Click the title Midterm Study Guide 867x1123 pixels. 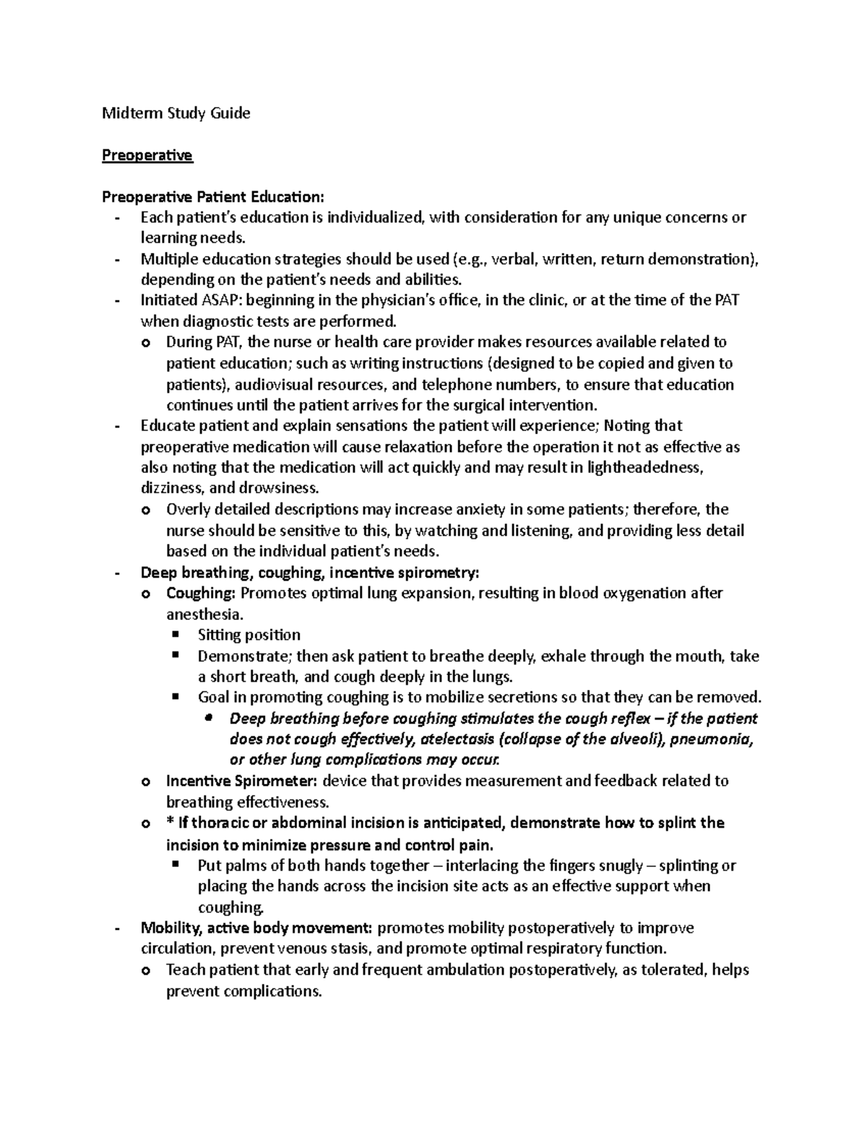point(176,113)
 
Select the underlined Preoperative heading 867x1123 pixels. point(147,155)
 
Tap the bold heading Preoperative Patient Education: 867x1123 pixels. point(214,197)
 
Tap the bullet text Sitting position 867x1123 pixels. point(249,635)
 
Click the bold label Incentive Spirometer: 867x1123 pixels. point(241,781)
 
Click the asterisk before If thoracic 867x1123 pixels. point(169,823)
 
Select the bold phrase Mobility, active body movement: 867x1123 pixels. point(256,928)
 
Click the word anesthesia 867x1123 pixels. point(204,615)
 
